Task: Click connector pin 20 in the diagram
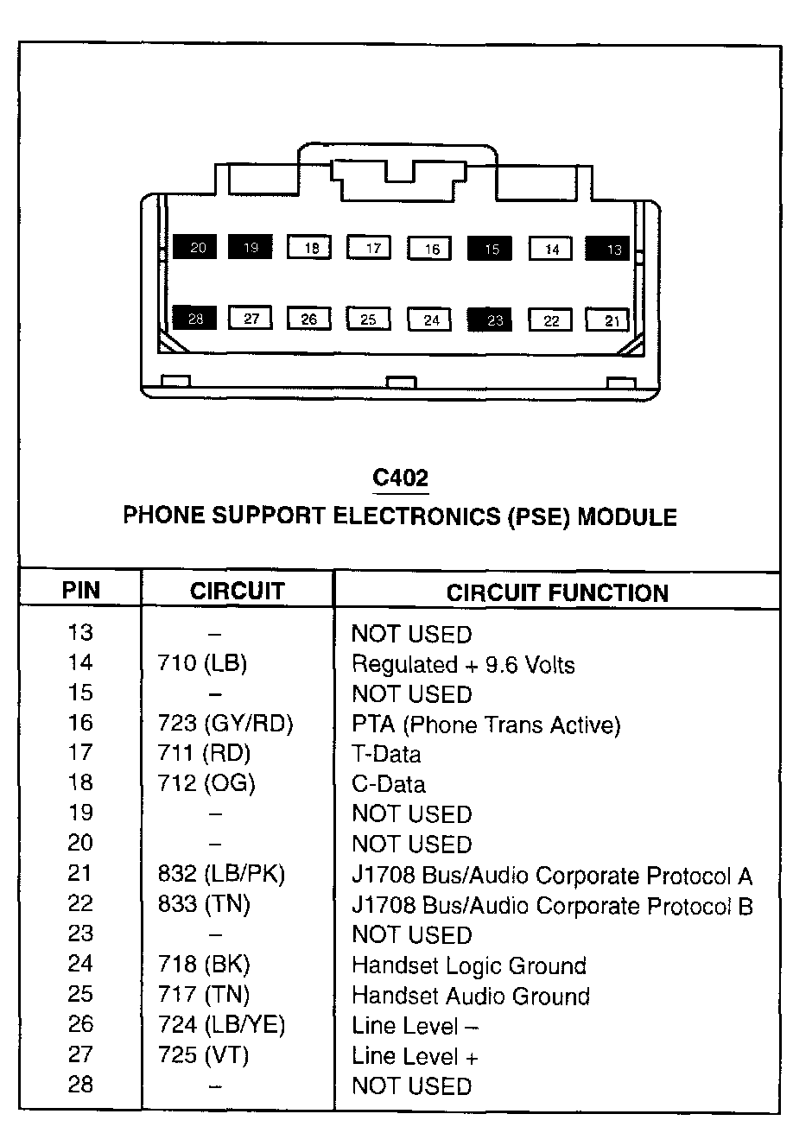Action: [x=196, y=248]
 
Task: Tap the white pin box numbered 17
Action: [x=371, y=248]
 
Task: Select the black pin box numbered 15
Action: [x=490, y=249]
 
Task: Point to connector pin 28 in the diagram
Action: [x=195, y=319]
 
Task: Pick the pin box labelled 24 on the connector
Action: [x=431, y=320]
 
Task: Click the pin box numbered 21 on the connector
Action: [x=610, y=321]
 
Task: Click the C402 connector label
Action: [x=400, y=478]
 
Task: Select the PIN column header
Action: [x=80, y=592]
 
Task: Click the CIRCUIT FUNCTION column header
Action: [x=557, y=593]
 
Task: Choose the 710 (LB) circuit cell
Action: [x=202, y=664]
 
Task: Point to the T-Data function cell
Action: [x=386, y=754]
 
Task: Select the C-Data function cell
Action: [x=388, y=784]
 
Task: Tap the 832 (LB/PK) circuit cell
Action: [x=221, y=874]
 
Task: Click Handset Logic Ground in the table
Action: [x=469, y=965]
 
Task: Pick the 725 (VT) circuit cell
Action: [x=204, y=1055]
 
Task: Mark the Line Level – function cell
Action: [x=415, y=1026]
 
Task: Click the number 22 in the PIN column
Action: [x=79, y=904]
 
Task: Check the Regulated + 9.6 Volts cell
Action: [x=462, y=664]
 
